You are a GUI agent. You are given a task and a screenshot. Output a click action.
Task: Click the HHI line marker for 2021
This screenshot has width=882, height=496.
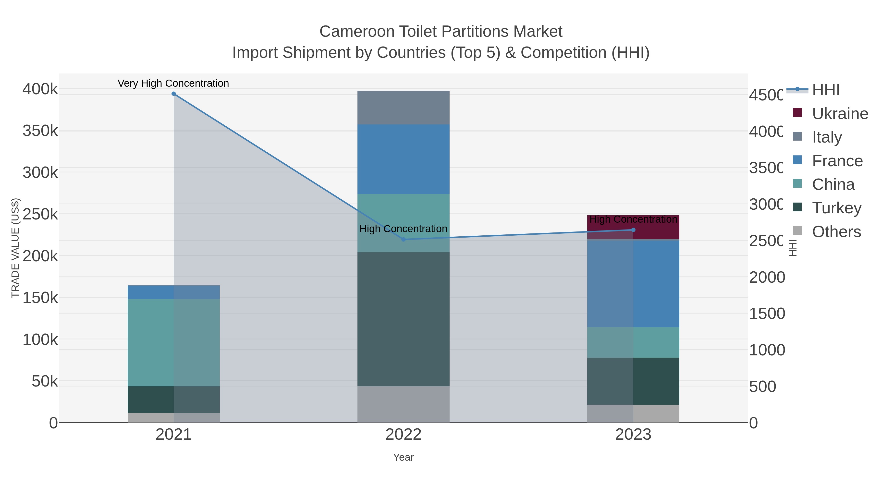click(174, 94)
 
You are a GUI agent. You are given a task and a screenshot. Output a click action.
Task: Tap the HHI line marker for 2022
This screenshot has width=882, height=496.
click(403, 239)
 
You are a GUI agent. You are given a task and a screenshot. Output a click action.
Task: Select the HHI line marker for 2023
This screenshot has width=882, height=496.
click(633, 230)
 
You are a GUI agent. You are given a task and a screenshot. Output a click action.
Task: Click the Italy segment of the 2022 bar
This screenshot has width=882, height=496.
click(403, 108)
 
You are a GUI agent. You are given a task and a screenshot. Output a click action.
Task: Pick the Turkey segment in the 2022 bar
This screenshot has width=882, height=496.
click(403, 319)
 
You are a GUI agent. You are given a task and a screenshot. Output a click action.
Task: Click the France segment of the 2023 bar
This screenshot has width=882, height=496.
click(633, 283)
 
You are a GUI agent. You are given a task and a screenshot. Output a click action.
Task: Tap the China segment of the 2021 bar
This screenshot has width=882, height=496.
click(174, 342)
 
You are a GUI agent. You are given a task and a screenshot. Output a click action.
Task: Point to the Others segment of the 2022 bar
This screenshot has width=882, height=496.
click(403, 404)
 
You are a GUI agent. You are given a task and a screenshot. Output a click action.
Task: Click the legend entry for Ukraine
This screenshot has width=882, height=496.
click(840, 114)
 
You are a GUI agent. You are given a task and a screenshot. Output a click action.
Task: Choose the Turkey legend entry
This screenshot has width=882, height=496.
click(836, 208)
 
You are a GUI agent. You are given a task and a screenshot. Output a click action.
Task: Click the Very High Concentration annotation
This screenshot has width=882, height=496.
click(173, 83)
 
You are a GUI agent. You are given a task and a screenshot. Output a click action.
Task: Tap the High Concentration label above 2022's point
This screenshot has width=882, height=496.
click(403, 229)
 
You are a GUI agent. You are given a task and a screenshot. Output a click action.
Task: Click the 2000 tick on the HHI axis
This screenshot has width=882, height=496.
click(767, 277)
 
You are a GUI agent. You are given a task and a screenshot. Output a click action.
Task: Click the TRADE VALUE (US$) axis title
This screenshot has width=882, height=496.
click(15, 248)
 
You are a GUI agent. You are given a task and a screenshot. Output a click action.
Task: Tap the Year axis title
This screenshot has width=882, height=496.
click(403, 457)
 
